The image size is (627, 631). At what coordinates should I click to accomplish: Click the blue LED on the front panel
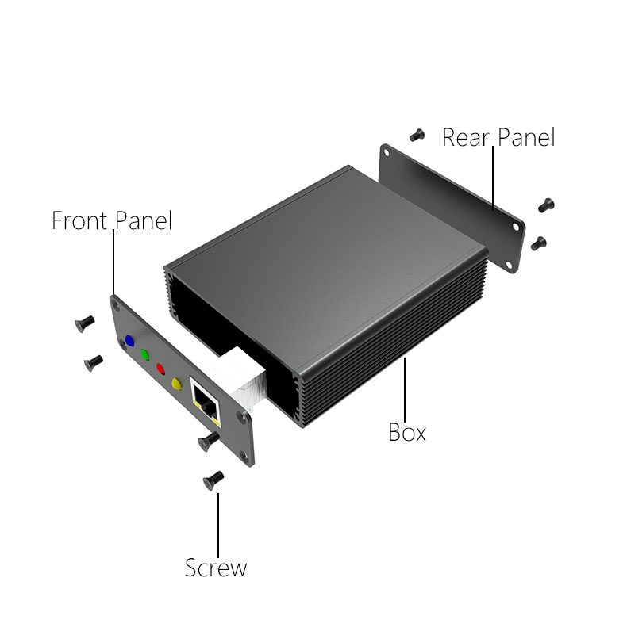tap(129, 341)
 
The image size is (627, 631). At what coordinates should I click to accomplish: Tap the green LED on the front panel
tap(144, 355)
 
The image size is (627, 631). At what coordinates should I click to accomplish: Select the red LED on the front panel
tap(160, 369)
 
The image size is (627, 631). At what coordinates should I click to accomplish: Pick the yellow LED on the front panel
tap(176, 384)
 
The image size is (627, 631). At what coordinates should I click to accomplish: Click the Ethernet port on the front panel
tap(206, 403)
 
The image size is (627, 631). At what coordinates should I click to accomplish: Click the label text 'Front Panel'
tap(112, 220)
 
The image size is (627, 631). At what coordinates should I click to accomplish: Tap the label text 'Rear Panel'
tap(498, 137)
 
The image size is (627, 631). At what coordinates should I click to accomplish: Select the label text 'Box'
tap(407, 432)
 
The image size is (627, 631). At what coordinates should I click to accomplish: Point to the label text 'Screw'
tap(216, 568)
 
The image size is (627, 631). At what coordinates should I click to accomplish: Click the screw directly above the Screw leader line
tap(213, 480)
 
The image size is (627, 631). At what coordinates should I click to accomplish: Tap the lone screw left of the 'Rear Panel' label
tap(417, 135)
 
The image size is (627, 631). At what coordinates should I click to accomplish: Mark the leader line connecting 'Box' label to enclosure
tap(405, 389)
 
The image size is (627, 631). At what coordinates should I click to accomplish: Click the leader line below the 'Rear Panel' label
tap(493, 178)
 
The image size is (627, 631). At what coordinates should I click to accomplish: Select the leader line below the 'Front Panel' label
tap(113, 262)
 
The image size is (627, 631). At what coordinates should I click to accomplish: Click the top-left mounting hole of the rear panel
tap(386, 153)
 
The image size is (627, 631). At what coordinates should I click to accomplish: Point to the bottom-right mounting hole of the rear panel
tap(509, 265)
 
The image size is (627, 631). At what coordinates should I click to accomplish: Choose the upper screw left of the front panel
tap(85, 323)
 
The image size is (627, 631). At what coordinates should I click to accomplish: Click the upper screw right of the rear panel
tap(546, 205)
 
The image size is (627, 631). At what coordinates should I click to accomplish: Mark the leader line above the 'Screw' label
tap(218, 525)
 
